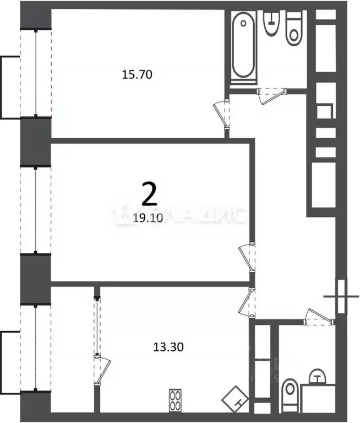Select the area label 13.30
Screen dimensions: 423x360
coord(167,347)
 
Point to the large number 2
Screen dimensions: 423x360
coord(149,194)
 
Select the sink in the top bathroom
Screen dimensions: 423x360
coord(270,24)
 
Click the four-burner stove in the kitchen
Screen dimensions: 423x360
coord(176,400)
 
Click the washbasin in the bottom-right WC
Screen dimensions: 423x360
coord(318,379)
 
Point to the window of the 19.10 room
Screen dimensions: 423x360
coord(36,210)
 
